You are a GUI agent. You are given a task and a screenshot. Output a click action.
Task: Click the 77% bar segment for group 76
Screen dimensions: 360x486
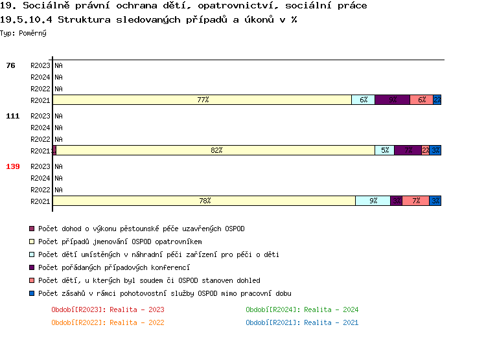[x=202, y=100]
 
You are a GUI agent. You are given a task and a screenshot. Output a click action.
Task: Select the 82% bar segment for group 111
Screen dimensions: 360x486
[x=216, y=151]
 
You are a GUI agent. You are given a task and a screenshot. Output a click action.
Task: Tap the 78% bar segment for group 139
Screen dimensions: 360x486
[x=204, y=201]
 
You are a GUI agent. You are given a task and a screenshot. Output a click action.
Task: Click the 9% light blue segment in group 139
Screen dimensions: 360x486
[x=373, y=201]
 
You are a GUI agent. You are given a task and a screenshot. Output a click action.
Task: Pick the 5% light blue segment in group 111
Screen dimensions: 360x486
[x=385, y=151]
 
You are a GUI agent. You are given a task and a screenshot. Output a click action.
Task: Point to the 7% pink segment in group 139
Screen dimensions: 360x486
[x=415, y=201]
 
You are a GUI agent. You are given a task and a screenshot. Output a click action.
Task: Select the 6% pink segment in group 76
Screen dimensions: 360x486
[x=422, y=100]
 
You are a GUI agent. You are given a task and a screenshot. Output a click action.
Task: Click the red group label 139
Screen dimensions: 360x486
[x=13, y=166]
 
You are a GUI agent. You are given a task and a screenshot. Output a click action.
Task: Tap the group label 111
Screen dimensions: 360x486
[x=13, y=116]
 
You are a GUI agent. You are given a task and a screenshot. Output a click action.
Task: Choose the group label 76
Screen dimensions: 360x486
[x=10, y=65]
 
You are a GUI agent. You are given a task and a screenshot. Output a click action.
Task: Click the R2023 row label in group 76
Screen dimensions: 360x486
[x=40, y=65]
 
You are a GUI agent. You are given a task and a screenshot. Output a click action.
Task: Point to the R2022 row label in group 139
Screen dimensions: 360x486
[x=40, y=190]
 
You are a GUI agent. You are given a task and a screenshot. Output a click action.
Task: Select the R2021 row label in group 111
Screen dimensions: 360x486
[x=40, y=151]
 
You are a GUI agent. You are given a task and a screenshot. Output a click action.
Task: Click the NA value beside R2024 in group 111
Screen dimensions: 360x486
[x=58, y=128]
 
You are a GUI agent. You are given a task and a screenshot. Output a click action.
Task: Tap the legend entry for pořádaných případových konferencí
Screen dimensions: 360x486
[x=113, y=267]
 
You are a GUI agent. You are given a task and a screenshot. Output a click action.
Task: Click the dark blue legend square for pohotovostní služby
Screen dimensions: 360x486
[x=32, y=293]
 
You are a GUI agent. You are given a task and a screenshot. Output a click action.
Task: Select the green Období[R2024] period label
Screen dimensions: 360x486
[x=302, y=309]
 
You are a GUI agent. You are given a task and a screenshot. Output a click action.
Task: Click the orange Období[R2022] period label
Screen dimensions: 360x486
[x=108, y=322]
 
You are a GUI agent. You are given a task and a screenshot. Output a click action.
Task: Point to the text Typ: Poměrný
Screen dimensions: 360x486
[x=23, y=33]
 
